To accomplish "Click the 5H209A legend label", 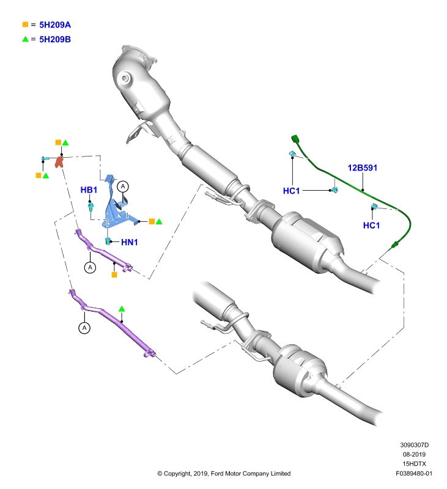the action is point(55,25).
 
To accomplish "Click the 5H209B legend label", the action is point(55,39).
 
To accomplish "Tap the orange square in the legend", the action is point(25,24).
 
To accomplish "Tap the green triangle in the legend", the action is point(25,39).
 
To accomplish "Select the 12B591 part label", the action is point(363,167).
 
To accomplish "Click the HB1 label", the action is point(89,190).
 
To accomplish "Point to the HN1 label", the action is point(130,242).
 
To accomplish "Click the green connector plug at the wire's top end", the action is point(295,139).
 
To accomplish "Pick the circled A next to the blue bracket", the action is point(122,186).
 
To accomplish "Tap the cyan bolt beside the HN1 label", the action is point(108,241).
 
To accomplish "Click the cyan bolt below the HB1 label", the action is point(91,207).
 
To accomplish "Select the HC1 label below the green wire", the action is point(372,225).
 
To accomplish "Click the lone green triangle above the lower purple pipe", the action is point(122,309).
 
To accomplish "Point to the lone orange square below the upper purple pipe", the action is point(114,274).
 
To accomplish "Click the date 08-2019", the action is point(414,454).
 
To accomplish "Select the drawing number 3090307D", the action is point(414,445).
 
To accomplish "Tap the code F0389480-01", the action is point(414,473).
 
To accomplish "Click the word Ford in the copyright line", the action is point(217,473).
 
